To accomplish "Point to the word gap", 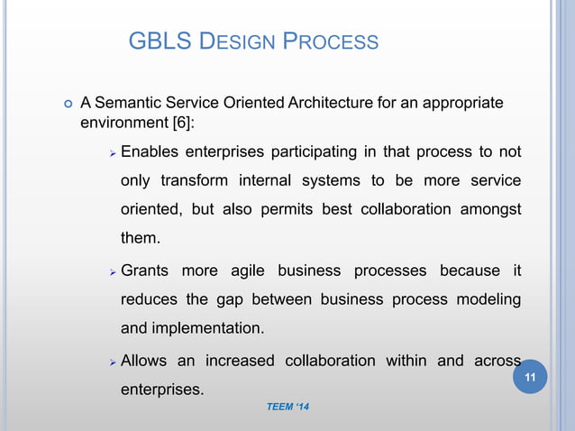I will coord(226,299).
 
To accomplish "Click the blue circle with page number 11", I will coord(530,377).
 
